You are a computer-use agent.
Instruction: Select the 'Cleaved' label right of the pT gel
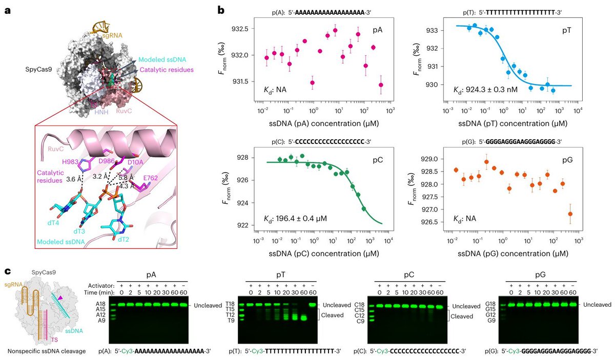332,315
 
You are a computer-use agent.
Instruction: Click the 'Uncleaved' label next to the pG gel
596,305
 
